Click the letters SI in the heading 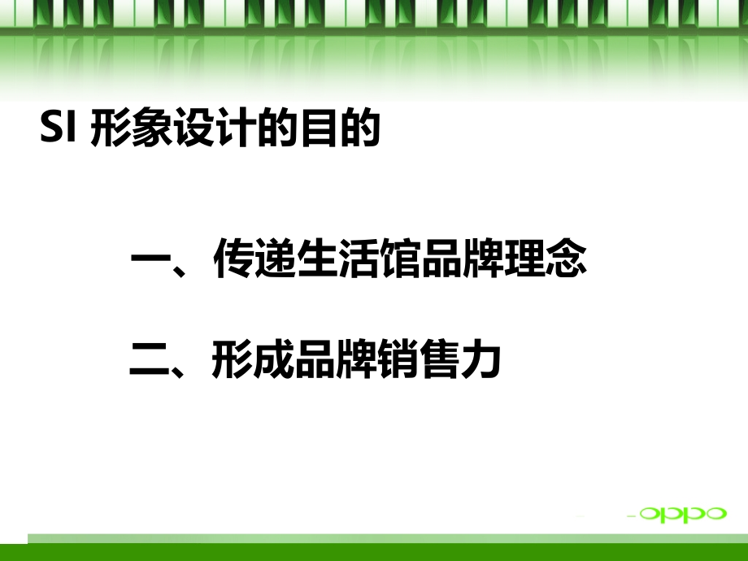click(x=58, y=128)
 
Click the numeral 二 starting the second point click(x=150, y=361)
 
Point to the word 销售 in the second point click(x=418, y=361)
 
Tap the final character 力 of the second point click(x=481, y=361)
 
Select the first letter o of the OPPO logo click(x=650, y=513)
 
